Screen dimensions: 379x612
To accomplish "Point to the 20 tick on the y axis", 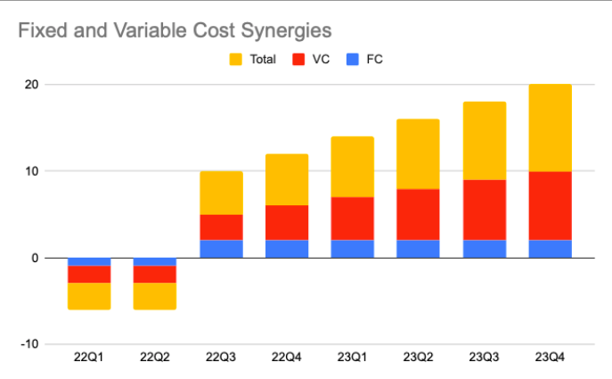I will (31, 85).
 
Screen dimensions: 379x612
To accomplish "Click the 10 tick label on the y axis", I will (31, 171).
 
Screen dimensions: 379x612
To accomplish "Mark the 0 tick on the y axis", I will (35, 258).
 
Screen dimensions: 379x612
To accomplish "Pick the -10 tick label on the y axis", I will (29, 344).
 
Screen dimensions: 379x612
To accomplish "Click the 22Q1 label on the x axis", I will (89, 358).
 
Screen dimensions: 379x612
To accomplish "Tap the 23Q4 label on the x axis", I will (550, 358).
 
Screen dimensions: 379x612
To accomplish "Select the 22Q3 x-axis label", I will (221, 358).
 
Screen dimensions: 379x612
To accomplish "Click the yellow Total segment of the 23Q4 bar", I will (550, 128).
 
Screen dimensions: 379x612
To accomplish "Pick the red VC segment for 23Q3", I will (484, 210).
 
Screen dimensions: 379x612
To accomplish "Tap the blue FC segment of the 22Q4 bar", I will (287, 249).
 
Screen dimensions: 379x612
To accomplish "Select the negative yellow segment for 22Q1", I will (89, 296).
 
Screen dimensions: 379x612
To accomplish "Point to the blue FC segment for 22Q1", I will (89, 261).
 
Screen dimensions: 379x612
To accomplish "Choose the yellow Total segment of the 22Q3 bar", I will (221, 193).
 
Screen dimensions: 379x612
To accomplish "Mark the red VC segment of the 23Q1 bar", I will (352, 218).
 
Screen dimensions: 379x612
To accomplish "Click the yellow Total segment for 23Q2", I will (418, 154).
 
